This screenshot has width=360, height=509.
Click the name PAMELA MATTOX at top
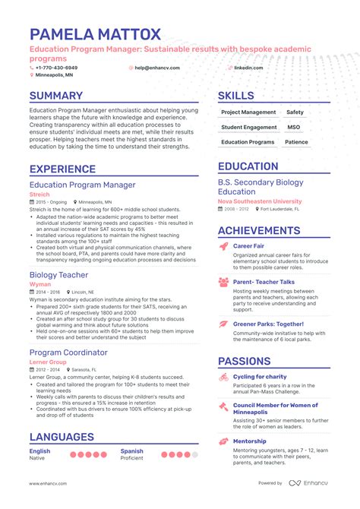tap(95, 34)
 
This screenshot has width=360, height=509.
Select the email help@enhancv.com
tap(156, 68)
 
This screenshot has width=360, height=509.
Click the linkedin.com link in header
tap(248, 68)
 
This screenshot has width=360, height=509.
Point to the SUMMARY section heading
tap(56, 96)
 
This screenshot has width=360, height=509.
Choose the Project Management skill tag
tap(248, 112)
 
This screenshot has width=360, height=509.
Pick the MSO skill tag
tap(294, 127)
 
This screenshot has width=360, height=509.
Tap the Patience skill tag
tap(296, 142)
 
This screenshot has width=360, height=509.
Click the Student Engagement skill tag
tap(248, 127)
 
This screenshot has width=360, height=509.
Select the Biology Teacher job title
tap(58, 275)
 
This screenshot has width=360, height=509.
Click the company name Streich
tap(40, 194)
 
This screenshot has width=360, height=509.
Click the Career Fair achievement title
tap(248, 246)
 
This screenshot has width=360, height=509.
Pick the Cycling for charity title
tap(260, 377)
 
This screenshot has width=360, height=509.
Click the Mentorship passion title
tap(249, 441)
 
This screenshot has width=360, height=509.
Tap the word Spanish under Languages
tap(132, 451)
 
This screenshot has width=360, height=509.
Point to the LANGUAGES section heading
tap(62, 437)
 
